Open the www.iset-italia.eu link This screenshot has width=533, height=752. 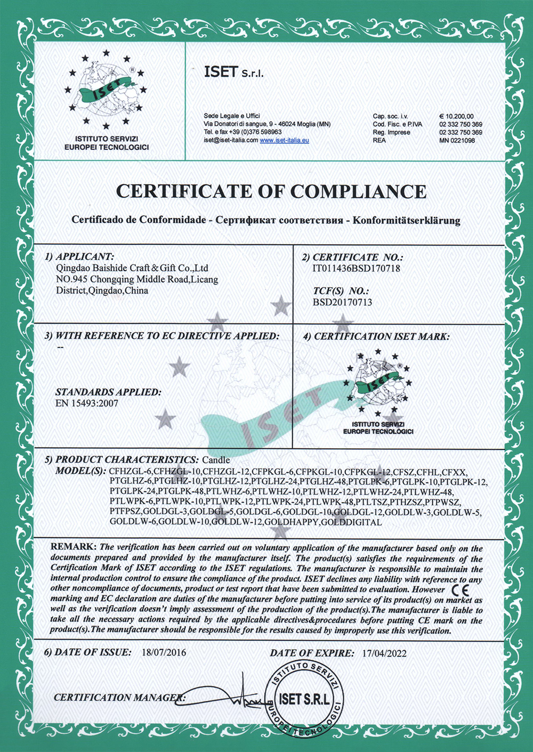(284, 140)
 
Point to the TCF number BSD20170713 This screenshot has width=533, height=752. (342, 302)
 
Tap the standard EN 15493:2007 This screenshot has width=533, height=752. (87, 403)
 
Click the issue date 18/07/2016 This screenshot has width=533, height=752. (164, 652)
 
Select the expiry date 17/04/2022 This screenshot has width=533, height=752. (384, 653)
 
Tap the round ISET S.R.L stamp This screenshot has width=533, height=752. (304, 699)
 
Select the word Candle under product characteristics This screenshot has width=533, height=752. (216, 459)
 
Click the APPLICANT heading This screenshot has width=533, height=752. (85, 257)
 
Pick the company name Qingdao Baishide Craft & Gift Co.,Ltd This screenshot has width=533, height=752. (132, 268)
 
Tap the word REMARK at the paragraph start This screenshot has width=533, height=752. (73, 547)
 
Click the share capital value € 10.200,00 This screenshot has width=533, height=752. (456, 116)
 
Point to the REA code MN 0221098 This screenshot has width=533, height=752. (457, 140)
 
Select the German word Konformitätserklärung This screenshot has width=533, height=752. (407, 220)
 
